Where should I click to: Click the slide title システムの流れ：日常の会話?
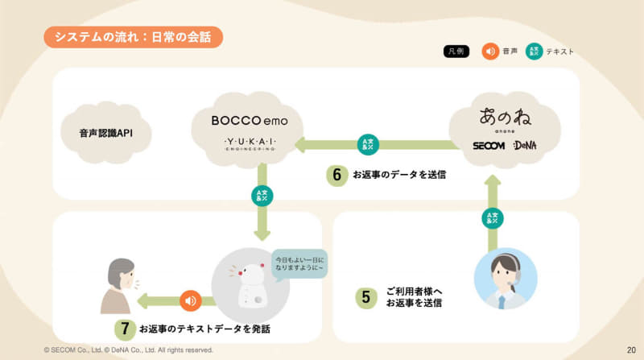[133, 37]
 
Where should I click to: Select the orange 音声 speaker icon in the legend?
[490, 52]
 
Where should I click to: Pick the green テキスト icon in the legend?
[533, 52]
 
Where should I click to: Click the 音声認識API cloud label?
[101, 131]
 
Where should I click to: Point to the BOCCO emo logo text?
[249, 121]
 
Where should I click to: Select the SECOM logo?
[489, 146]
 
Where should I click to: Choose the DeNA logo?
[526, 146]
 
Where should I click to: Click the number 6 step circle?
[337, 175]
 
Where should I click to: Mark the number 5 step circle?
[366, 297]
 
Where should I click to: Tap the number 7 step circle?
[123, 329]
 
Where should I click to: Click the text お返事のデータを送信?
[399, 175]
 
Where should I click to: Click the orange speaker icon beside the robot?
[191, 301]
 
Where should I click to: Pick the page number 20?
[630, 350]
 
